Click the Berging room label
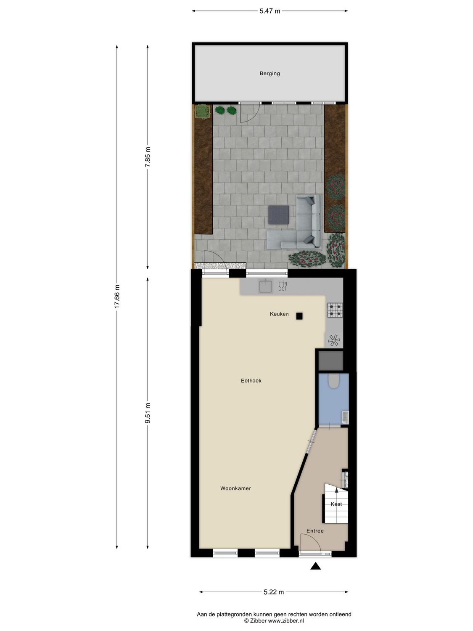[x=270, y=73]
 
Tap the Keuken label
[x=279, y=314]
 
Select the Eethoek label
[x=251, y=381]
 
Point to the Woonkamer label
[x=235, y=488]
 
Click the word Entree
[x=315, y=531]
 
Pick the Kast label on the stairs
[x=336, y=504]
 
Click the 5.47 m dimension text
[x=270, y=11]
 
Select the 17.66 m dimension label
[x=117, y=297]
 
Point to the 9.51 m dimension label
[x=148, y=413]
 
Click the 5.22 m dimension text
[x=274, y=592]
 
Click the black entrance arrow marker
[x=316, y=566]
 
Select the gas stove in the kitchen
[x=335, y=310]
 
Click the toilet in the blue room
[x=334, y=381]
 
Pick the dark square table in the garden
[x=279, y=215]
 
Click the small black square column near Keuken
[x=299, y=316]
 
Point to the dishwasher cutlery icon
[x=283, y=286]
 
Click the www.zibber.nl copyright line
[x=274, y=620]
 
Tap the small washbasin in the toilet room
[x=345, y=417]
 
